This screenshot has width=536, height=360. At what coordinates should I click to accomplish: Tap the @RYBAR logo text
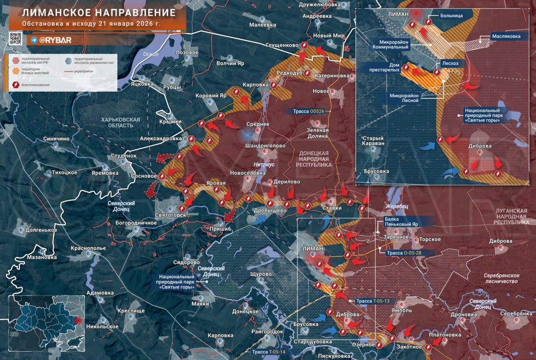click(x=55, y=40)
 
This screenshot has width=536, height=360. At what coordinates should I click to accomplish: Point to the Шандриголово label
click(x=265, y=146)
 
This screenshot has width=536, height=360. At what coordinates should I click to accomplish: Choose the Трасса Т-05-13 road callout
click(x=372, y=301)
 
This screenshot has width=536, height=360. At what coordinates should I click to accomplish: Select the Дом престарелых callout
click(x=387, y=67)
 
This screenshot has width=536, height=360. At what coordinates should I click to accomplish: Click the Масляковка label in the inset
click(x=506, y=36)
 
